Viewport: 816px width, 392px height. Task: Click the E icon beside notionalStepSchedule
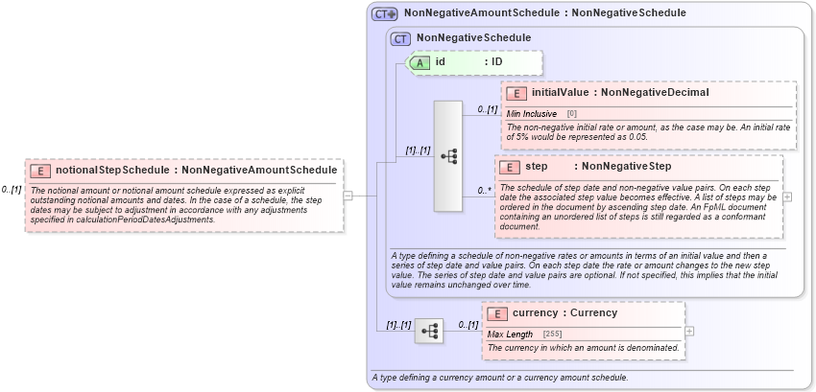tap(40, 171)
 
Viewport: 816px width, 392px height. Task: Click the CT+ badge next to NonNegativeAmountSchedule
tap(385, 14)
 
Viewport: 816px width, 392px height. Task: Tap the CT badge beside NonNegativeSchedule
tap(400, 38)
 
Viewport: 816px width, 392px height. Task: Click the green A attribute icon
tap(420, 62)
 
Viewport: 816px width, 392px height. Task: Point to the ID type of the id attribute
tap(497, 62)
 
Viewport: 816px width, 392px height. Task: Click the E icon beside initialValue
tap(516, 93)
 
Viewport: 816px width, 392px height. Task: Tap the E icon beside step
tap(511, 167)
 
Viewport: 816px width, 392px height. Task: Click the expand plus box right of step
tap(788, 196)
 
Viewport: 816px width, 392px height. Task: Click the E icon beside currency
tap(498, 313)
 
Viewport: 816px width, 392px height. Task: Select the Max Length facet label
tap(510, 334)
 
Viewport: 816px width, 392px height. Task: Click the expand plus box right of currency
tap(689, 331)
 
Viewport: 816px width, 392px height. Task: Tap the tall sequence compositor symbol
tap(448, 155)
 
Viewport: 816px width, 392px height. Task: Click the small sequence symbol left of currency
tap(429, 332)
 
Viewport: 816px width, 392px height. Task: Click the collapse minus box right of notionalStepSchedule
tap(348, 196)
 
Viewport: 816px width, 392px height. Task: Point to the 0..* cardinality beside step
tap(486, 191)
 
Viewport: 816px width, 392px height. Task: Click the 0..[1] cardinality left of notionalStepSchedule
tap(12, 190)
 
